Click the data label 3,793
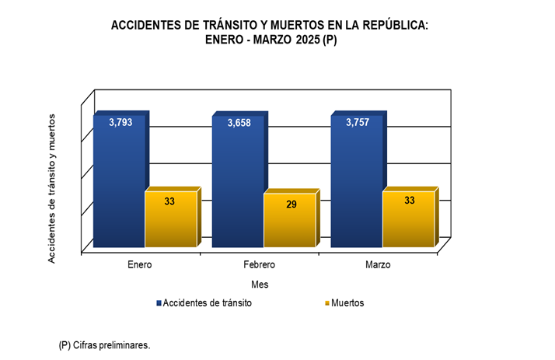[120, 122]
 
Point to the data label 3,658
[239, 123]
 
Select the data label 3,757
[358, 122]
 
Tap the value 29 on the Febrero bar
[291, 204]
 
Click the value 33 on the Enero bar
[169, 201]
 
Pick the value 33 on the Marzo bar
[410, 201]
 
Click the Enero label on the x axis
[140, 265]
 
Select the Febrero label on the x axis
[259, 265]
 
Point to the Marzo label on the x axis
[378, 265]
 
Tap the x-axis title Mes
[259, 285]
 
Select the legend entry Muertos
[347, 303]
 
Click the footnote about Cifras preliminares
[104, 344]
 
